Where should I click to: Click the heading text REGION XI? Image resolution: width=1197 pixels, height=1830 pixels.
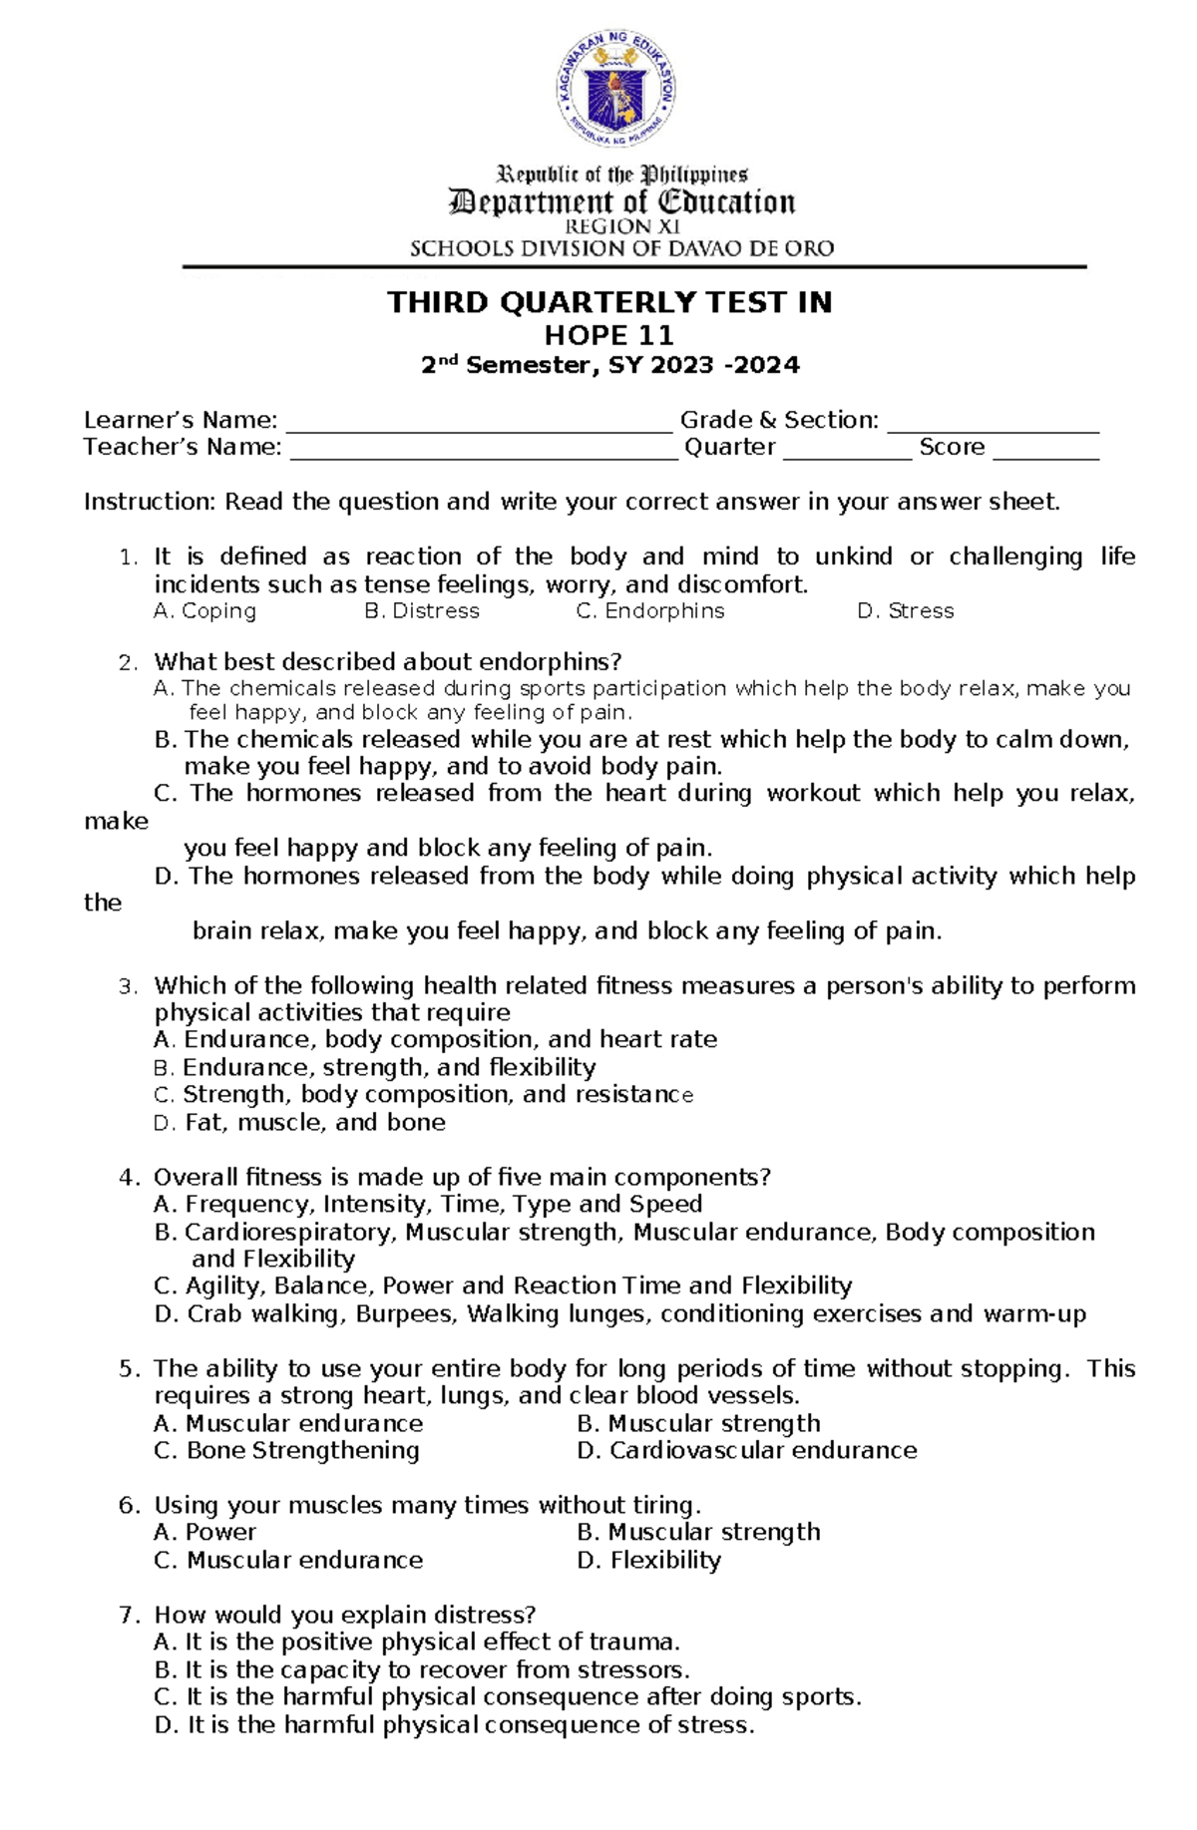622,227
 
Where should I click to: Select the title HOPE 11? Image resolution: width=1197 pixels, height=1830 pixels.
608,335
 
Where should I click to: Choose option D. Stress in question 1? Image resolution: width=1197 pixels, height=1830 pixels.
905,611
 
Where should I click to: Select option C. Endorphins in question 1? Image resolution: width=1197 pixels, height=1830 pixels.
649,611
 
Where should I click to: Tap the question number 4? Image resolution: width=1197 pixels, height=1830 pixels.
128,1178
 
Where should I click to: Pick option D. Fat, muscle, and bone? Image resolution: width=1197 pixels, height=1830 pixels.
299,1123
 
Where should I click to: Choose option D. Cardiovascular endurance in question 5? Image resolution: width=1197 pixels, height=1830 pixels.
746,1451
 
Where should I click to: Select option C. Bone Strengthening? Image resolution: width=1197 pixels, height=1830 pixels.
286,1451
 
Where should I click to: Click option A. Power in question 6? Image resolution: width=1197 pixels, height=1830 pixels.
205,1533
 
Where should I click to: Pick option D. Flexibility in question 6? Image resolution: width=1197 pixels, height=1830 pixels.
648,1561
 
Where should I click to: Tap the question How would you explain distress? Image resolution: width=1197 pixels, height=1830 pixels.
345,1616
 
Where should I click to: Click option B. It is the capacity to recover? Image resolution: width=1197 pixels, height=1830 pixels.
422,1670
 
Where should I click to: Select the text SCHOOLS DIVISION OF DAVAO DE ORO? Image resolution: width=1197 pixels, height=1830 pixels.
622,249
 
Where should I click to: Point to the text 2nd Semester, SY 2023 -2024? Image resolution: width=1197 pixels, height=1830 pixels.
609,366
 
